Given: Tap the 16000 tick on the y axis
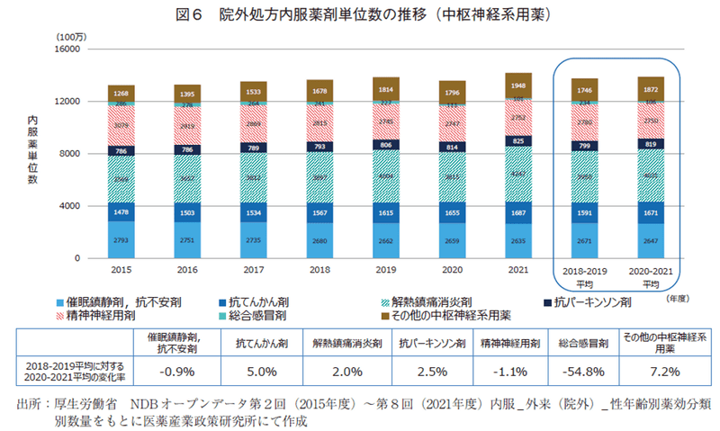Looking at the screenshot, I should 69,49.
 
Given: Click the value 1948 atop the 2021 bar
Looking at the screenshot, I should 518,85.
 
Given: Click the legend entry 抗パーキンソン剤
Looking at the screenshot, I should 590,301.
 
